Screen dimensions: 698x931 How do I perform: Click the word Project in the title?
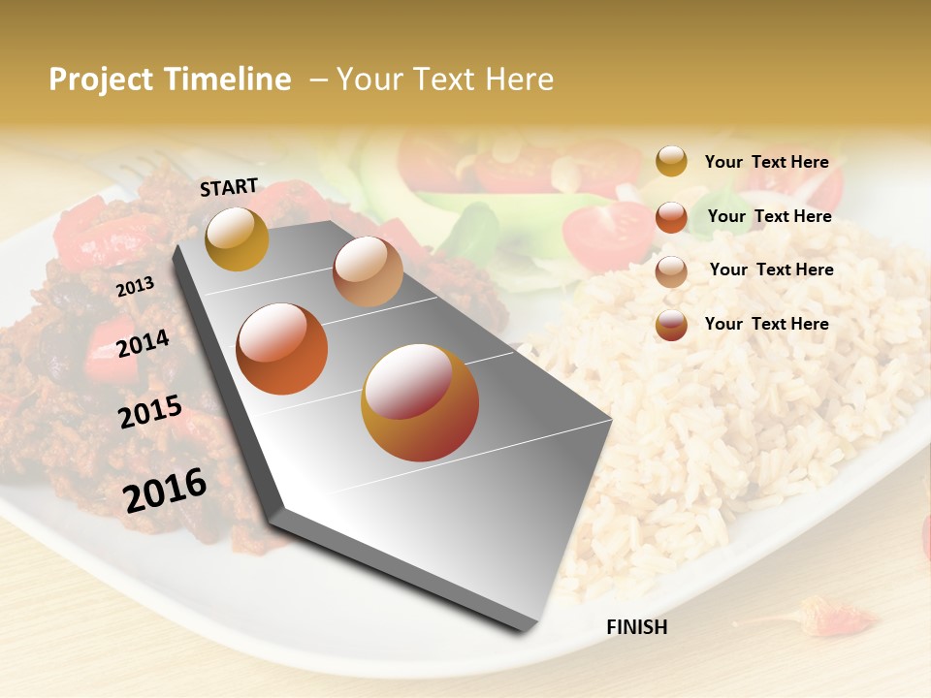101,79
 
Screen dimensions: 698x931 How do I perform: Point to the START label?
229,187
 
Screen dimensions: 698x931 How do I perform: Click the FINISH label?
636,627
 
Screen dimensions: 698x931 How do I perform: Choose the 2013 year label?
135,287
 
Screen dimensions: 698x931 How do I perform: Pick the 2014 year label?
143,343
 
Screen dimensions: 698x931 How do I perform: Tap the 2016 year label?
165,491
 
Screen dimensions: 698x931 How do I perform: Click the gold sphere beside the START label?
237,238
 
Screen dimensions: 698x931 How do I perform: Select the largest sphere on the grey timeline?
420,402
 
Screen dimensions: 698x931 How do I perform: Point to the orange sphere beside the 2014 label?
282,349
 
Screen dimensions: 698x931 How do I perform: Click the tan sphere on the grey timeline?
368,271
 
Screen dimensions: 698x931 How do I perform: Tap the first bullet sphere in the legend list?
671,161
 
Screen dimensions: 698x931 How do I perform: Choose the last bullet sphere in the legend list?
671,325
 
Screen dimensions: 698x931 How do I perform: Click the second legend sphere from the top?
671,217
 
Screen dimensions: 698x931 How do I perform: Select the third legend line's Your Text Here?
771,270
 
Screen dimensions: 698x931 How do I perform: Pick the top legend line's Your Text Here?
766,162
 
